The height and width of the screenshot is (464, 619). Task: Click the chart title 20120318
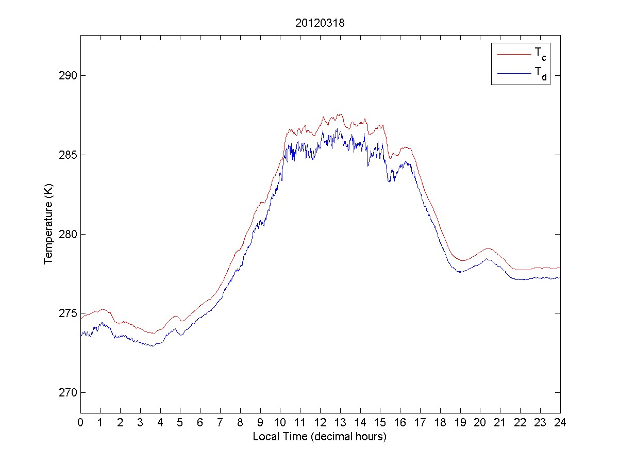320,23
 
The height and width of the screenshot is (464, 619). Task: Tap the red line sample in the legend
513,54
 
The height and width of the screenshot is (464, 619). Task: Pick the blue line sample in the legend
513,74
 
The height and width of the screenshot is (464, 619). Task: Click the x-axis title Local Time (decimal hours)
320,437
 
